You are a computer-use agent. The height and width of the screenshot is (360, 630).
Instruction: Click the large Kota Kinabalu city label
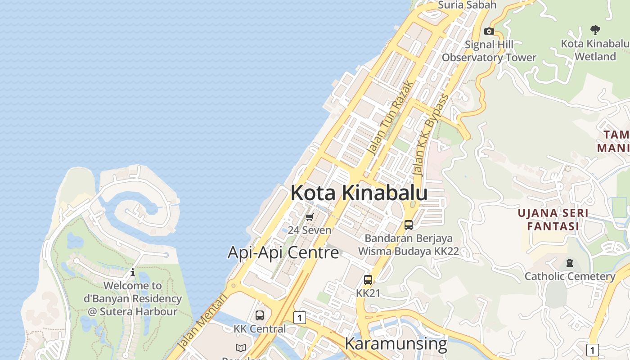coord(359,193)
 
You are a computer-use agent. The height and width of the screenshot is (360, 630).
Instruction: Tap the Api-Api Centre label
coord(283,252)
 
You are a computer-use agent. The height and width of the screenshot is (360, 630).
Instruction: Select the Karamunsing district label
coord(396,343)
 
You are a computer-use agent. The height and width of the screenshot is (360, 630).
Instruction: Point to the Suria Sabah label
coord(467,5)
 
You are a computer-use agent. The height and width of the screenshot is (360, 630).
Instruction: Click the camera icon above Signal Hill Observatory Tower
coord(489,31)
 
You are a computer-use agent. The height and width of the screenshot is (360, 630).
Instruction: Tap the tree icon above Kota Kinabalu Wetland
coord(595,30)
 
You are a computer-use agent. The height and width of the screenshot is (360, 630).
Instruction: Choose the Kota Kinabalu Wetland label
coord(595,50)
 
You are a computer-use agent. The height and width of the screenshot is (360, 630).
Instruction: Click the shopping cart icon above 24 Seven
coord(309,217)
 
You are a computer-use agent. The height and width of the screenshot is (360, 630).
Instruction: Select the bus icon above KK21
coord(368,280)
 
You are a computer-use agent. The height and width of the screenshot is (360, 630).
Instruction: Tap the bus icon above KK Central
coord(260,315)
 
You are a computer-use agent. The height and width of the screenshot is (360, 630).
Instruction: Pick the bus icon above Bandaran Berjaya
coord(409,225)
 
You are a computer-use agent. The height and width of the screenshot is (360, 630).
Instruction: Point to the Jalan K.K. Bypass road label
coord(431,135)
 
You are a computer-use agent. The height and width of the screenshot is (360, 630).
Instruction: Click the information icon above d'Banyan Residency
coord(133,272)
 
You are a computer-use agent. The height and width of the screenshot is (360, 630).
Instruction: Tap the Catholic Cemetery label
coord(570,276)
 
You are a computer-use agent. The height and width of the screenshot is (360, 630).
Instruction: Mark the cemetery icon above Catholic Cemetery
coord(570,263)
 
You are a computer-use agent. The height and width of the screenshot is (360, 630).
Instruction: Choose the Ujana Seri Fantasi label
coord(553,219)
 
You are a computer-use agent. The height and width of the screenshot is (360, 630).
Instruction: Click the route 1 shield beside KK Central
coord(299,318)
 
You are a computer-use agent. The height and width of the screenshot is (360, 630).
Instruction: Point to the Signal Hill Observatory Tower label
coord(489,51)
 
